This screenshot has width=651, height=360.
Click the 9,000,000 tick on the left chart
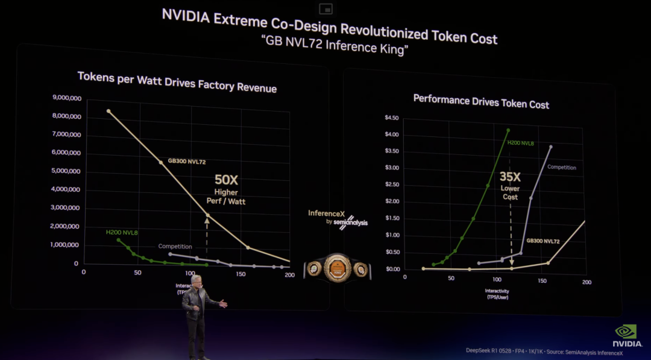click(66, 97)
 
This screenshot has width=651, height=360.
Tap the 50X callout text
click(226, 180)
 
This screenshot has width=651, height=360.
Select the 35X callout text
click(510, 177)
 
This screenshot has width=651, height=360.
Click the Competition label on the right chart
click(561, 168)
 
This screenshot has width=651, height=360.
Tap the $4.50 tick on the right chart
click(392, 118)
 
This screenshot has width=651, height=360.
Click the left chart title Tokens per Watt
click(177, 82)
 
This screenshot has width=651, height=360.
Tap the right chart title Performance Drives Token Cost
click(481, 101)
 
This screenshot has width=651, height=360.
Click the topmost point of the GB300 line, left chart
click(108, 111)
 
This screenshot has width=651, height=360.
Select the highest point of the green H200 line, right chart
click(508, 130)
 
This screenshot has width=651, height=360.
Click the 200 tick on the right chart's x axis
click(587, 282)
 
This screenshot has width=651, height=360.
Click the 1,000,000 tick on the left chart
click(67, 245)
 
